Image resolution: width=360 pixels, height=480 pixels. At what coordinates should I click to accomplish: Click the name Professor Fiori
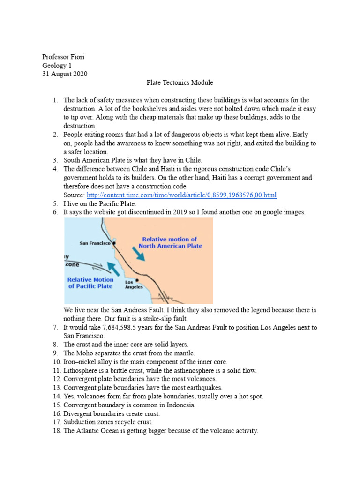tap(63, 57)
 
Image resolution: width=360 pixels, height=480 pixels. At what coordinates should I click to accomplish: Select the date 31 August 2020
tap(65, 74)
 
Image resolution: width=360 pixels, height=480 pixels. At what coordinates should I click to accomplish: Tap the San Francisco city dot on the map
tap(114, 243)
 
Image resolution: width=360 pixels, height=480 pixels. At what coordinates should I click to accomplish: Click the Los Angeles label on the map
tap(134, 285)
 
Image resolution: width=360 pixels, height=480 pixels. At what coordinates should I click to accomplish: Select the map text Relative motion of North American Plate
tap(170, 242)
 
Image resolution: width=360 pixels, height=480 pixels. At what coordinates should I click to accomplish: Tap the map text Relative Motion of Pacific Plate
tap(91, 283)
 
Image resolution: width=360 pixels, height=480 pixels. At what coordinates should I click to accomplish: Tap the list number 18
tap(55, 431)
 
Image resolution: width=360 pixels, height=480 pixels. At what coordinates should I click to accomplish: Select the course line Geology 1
tap(58, 66)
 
